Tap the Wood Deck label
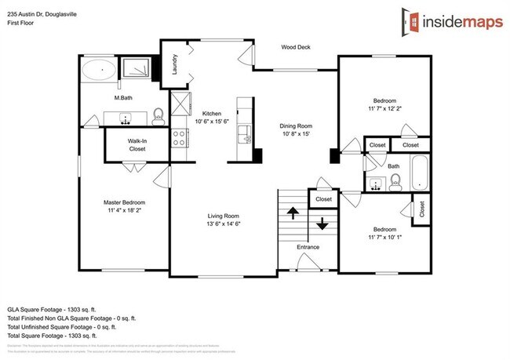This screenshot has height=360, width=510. tap(297, 47)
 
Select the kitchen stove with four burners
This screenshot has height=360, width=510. tap(179, 138)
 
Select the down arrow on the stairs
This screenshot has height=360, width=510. tap(322, 225)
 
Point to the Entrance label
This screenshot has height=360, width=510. tap(308, 248)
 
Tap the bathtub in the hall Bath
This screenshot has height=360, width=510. tap(420, 173)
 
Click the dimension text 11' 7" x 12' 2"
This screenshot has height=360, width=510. tap(384, 108)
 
